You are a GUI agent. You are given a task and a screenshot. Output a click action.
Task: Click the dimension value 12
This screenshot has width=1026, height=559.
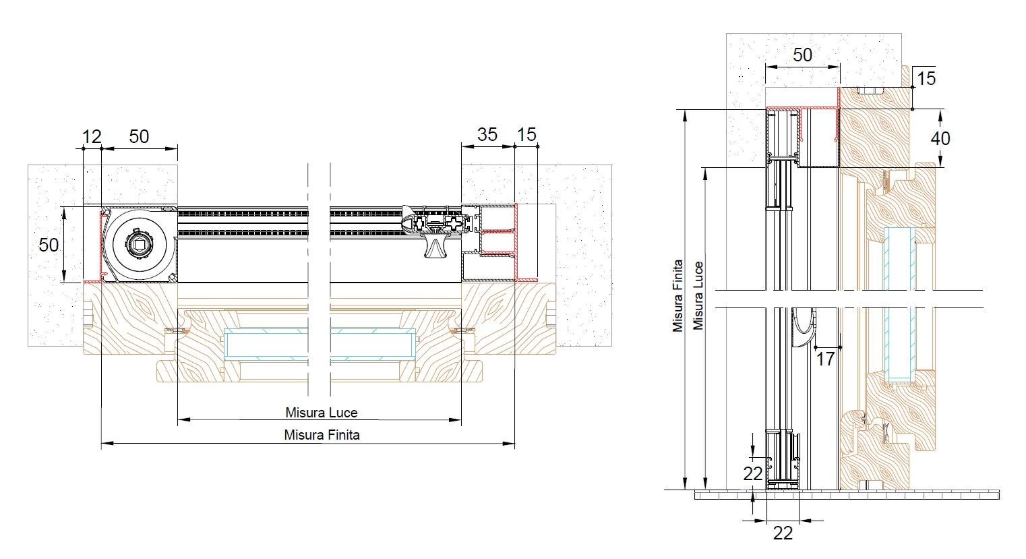(92, 136)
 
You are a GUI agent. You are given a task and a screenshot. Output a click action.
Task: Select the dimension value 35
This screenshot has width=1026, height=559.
(487, 135)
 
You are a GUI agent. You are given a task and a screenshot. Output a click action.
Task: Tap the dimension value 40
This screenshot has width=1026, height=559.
(940, 138)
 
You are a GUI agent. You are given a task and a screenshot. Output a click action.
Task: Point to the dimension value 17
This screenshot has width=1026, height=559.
(825, 359)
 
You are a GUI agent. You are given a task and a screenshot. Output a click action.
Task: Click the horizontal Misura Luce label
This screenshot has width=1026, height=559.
(321, 413)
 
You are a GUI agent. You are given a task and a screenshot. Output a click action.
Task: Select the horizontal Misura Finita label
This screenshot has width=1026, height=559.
(322, 435)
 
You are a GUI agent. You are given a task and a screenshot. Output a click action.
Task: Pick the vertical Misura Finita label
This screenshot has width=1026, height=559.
(678, 295)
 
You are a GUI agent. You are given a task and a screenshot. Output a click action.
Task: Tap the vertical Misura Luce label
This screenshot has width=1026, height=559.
(698, 295)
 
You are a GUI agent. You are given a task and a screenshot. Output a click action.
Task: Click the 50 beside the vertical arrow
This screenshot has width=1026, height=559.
(49, 245)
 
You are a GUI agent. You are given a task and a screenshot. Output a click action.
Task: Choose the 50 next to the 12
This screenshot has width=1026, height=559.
(139, 136)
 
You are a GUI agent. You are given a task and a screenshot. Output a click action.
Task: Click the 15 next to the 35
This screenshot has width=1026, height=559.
(526, 135)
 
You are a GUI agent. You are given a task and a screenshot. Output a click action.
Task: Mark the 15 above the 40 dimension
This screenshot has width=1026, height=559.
(926, 78)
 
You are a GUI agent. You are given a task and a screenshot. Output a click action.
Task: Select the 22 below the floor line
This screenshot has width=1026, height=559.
(783, 533)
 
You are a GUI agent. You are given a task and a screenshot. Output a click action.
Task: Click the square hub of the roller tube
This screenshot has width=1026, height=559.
(140, 245)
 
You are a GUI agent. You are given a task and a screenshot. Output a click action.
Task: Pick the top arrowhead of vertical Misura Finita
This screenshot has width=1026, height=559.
(685, 115)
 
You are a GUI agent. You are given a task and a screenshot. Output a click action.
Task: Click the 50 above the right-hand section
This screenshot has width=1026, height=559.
(802, 55)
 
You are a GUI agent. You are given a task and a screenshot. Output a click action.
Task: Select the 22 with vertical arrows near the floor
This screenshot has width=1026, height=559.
(753, 474)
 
